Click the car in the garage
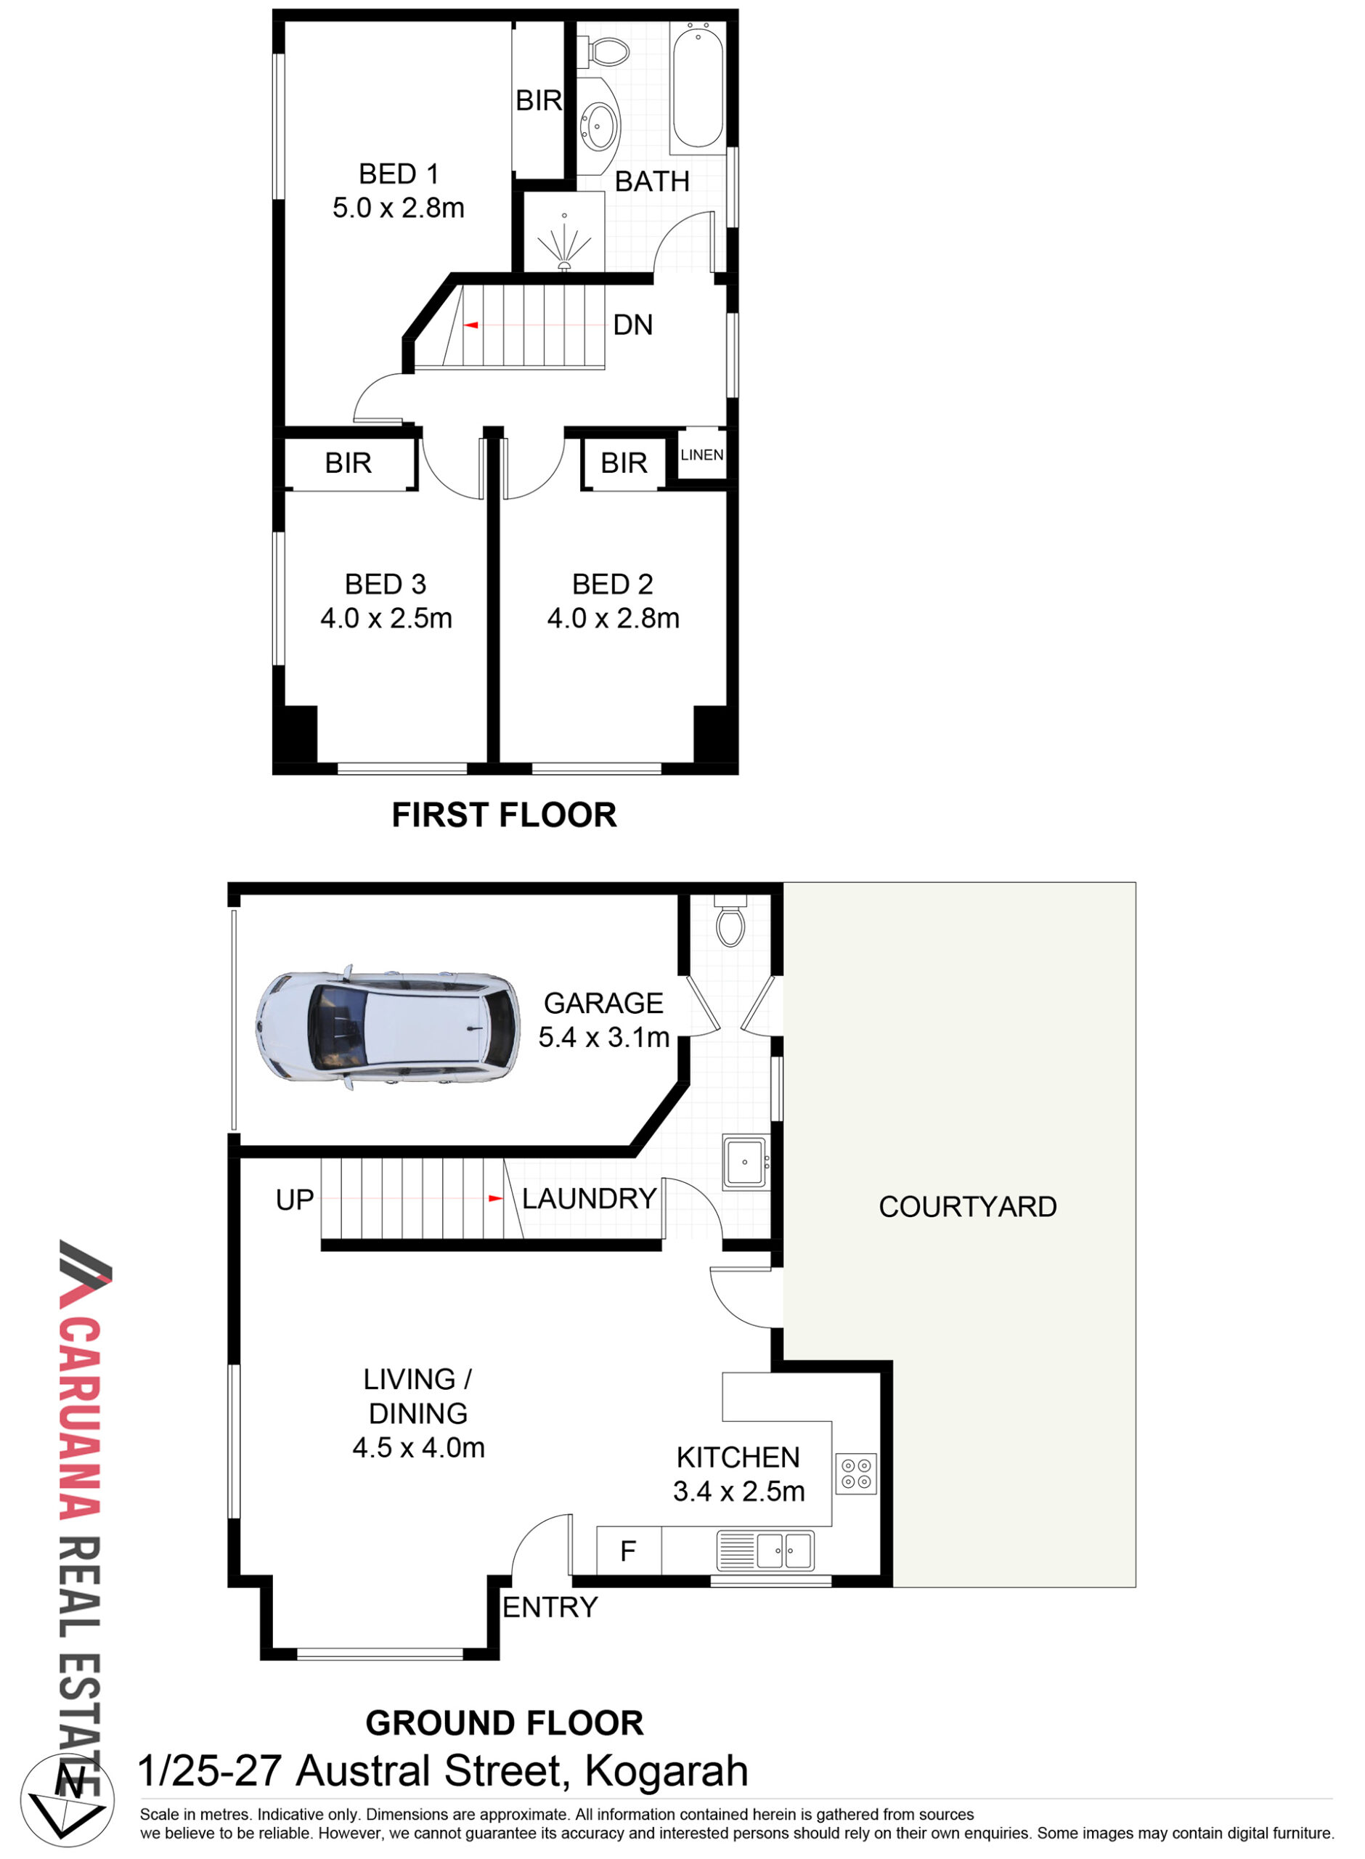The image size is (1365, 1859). coord(388,1027)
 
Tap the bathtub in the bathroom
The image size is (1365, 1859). coord(698,86)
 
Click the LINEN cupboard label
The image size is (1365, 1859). coord(701,455)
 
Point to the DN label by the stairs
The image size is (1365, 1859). coord(633,325)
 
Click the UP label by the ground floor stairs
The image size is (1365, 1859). coord(295,1200)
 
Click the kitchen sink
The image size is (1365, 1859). coord(765,1550)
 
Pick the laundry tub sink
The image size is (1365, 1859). coord(744,1163)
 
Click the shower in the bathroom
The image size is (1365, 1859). coord(564,232)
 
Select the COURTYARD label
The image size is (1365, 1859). coord(968,1207)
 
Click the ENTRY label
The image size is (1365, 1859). coord(550,1607)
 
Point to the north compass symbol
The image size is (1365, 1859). coord(68,1801)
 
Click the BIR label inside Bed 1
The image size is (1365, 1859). coord(539,101)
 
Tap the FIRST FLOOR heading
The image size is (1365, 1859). coord(504,815)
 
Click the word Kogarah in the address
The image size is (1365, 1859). coord(666,1771)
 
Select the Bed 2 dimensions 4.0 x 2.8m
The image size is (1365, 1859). coord(613,619)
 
